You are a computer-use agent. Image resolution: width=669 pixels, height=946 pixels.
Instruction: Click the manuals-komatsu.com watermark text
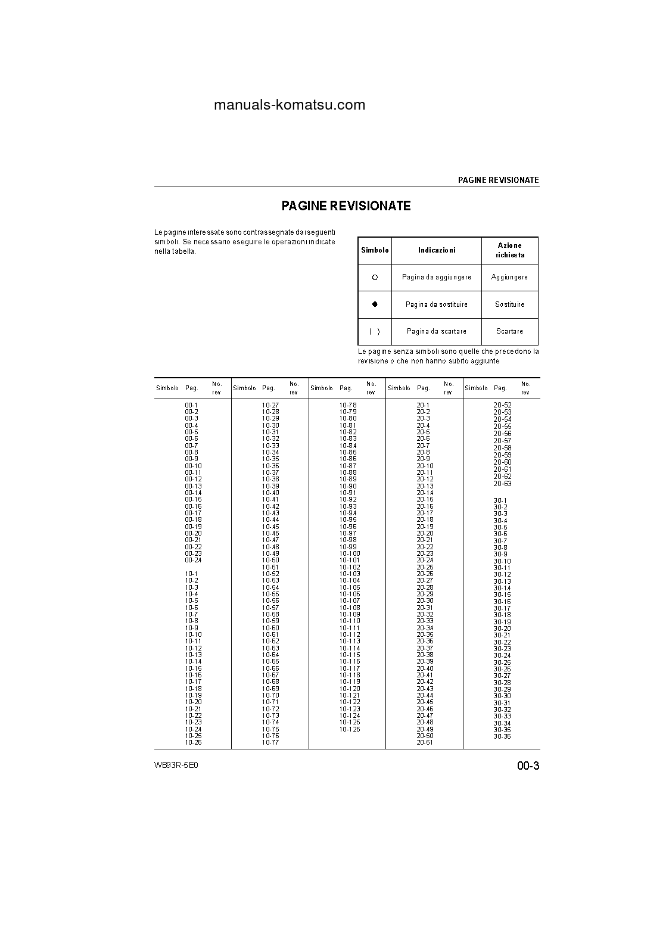pyautogui.click(x=289, y=105)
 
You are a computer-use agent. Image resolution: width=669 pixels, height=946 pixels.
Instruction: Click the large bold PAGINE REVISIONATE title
pyautogui.click(x=346, y=206)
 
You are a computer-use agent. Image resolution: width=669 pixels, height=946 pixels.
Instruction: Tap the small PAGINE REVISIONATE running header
pyautogui.click(x=498, y=180)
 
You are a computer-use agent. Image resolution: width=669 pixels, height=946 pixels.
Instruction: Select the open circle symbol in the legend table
pyautogui.click(x=375, y=278)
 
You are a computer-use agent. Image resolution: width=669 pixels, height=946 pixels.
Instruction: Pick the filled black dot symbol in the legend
pyautogui.click(x=375, y=304)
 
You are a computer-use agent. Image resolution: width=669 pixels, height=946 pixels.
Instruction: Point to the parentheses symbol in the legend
pyautogui.click(x=375, y=331)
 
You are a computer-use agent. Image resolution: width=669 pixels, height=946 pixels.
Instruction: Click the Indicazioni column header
pyautogui.click(x=437, y=251)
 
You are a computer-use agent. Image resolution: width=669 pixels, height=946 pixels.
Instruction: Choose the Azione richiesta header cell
pyautogui.click(x=509, y=250)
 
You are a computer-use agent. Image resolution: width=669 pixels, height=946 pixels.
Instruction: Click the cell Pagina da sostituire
pyautogui.click(x=437, y=304)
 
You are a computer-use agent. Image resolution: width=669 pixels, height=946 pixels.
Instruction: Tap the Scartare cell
pyautogui.click(x=509, y=331)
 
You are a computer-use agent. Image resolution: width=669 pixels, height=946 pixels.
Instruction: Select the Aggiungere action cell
pyautogui.click(x=509, y=278)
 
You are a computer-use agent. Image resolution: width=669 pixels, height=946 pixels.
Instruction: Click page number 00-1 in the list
pyautogui.click(x=191, y=405)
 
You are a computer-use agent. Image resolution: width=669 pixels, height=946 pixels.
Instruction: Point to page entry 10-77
pyautogui.click(x=270, y=742)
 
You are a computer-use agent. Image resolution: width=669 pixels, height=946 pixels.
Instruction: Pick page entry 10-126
pyautogui.click(x=350, y=729)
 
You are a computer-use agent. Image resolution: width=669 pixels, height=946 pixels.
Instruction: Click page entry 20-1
pyautogui.click(x=423, y=405)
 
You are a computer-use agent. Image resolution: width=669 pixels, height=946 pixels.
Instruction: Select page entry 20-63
pyautogui.click(x=502, y=484)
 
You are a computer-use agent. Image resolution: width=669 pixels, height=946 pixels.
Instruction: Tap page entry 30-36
pyautogui.click(x=502, y=736)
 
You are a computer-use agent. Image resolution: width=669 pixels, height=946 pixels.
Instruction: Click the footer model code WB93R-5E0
pyautogui.click(x=176, y=765)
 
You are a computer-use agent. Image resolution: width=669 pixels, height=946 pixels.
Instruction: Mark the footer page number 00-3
pyautogui.click(x=528, y=766)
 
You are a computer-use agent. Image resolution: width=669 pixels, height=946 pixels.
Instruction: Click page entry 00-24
pyautogui.click(x=193, y=560)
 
